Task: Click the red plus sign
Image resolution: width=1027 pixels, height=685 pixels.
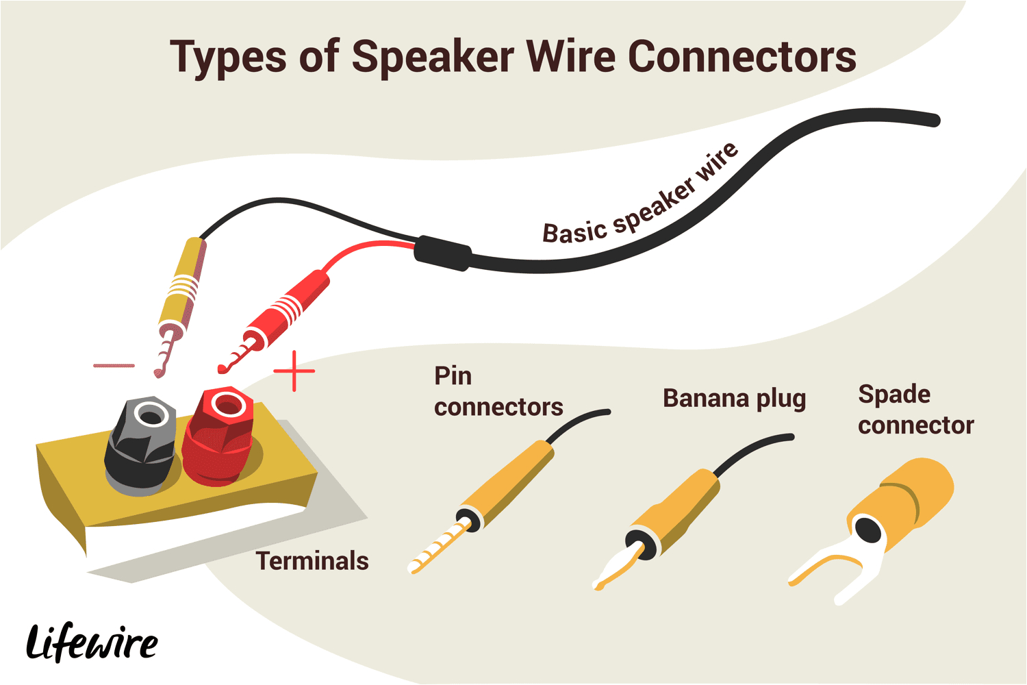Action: click(294, 371)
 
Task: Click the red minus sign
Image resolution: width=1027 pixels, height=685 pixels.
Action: click(114, 366)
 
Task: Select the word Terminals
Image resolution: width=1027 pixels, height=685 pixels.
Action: click(312, 561)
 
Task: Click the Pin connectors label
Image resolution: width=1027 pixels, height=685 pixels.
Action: click(498, 391)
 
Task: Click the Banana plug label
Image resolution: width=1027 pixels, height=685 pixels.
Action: click(734, 399)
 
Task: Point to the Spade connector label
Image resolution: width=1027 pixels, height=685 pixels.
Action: click(915, 410)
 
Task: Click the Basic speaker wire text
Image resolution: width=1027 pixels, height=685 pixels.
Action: click(641, 197)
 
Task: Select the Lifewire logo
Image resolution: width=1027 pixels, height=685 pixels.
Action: click(92, 643)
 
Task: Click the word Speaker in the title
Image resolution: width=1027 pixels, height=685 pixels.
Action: click(433, 58)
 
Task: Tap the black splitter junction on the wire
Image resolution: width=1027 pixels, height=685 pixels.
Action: click(442, 253)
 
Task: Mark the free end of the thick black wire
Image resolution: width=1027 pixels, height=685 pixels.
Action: click(934, 121)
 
